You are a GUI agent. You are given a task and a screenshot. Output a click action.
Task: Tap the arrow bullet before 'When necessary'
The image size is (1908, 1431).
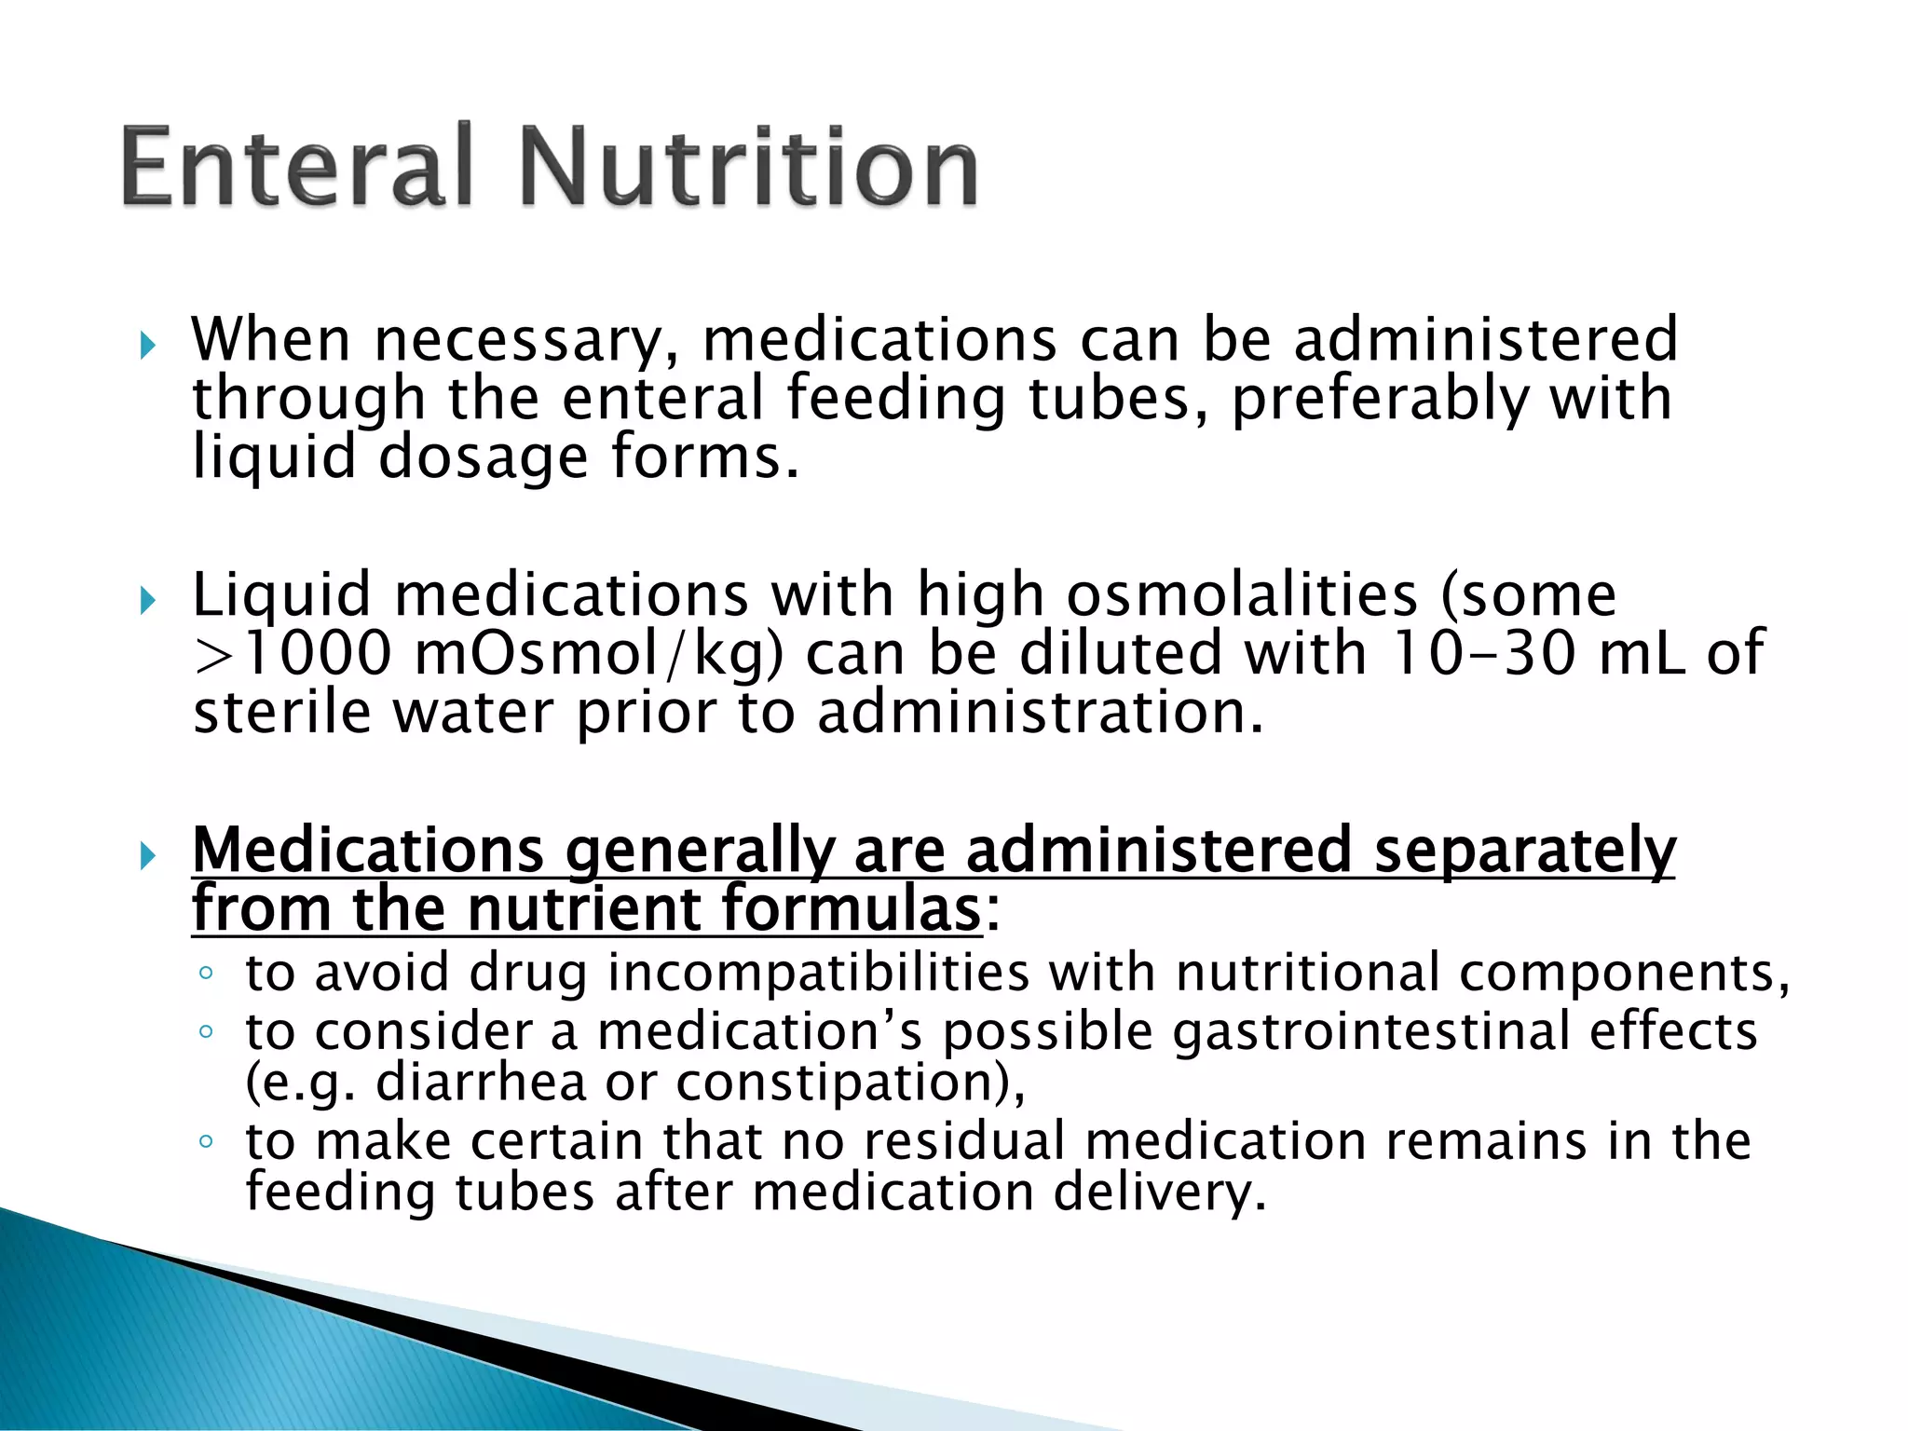tap(147, 347)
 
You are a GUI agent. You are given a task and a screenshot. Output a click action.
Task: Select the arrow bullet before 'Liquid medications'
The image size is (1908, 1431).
tap(147, 601)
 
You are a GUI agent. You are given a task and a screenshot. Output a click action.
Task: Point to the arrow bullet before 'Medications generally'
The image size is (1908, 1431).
tap(147, 855)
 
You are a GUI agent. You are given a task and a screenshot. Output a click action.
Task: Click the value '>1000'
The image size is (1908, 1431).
tap(293, 653)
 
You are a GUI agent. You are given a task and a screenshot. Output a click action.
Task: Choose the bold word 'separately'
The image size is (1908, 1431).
tap(1524, 850)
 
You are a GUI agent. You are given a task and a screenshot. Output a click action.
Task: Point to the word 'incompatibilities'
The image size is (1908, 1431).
tap(819, 973)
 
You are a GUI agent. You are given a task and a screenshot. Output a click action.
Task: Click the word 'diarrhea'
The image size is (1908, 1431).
tap(481, 1083)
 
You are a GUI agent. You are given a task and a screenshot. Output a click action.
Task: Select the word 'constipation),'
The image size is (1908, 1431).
tap(851, 1083)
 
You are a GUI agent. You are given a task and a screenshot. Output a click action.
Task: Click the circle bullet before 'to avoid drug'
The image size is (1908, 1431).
tap(206, 974)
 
